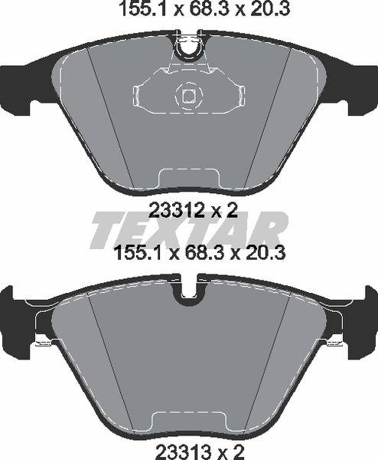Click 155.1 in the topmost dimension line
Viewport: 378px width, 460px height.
click(x=135, y=9)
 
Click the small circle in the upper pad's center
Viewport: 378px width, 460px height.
click(x=187, y=95)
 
